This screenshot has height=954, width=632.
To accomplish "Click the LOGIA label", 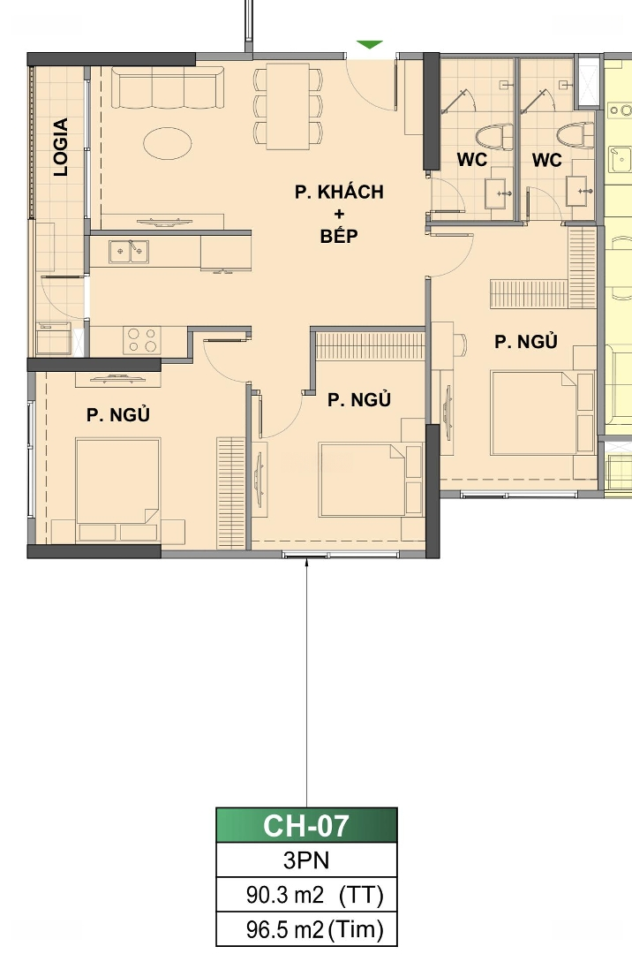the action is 61,148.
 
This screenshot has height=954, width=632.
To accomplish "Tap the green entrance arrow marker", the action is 370,44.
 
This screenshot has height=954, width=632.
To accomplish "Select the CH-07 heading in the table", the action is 306,826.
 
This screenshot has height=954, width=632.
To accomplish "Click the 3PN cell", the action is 306,860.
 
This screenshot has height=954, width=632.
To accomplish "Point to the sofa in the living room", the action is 168,88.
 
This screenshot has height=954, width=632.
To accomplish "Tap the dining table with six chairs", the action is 288,107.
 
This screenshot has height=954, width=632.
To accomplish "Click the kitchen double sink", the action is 128,252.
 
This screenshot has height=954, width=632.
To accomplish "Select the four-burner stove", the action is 142,341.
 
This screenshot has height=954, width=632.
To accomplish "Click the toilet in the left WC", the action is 493,137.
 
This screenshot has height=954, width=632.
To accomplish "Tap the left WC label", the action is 471,159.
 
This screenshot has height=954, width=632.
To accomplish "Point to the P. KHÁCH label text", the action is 339,193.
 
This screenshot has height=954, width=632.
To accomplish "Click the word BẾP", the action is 339,236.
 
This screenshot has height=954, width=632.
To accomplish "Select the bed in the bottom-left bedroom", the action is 118,489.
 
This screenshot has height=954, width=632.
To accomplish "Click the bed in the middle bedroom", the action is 362,480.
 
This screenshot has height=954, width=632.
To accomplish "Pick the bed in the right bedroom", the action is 533,413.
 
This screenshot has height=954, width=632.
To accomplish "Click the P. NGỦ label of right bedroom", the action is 526,341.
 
